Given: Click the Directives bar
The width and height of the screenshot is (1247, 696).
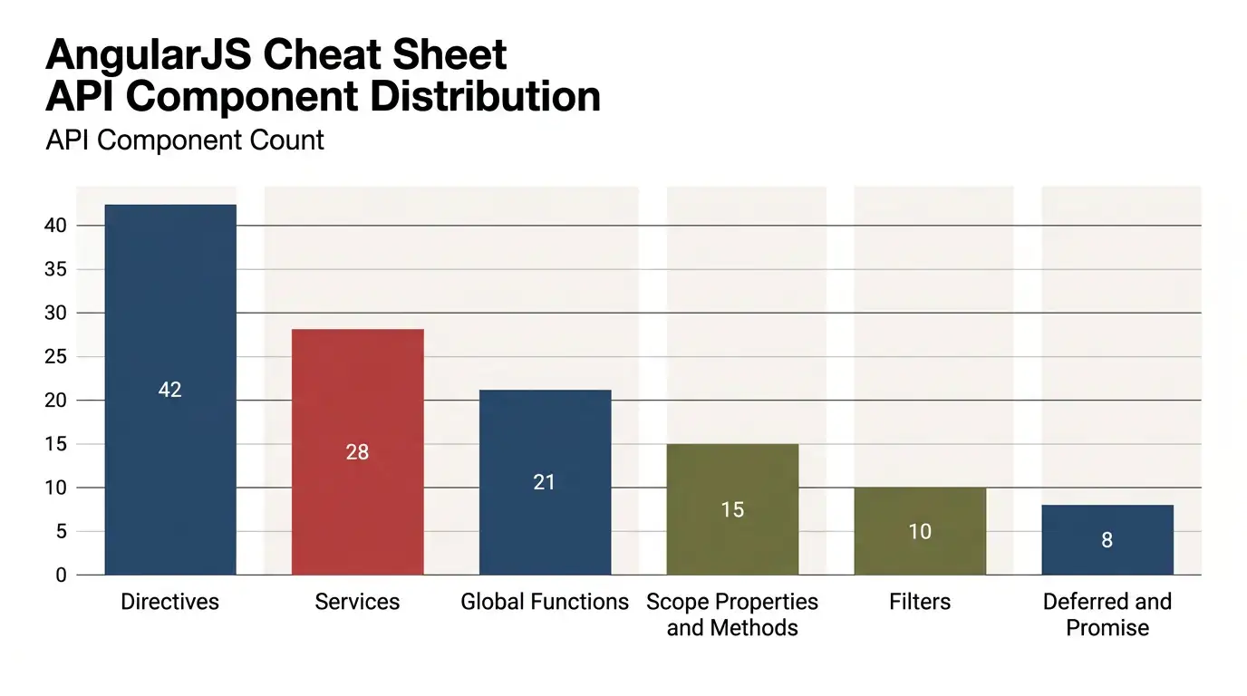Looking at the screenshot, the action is click(170, 390).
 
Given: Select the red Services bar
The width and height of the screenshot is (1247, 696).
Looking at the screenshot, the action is click(357, 451).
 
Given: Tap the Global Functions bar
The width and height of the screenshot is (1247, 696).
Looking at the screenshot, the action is click(545, 482).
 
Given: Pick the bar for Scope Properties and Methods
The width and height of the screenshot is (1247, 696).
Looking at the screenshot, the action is click(732, 509).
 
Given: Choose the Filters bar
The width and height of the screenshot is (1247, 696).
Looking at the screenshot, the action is click(920, 531).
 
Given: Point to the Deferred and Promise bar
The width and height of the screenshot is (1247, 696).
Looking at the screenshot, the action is click(1107, 540).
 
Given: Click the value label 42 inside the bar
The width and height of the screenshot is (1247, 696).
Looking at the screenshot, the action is click(169, 390).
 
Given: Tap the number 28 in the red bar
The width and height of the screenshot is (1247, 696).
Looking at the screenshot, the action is click(357, 451).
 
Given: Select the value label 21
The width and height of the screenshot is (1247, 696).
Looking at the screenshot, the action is click(544, 482).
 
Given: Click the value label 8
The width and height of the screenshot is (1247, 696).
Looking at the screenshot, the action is click(1107, 539).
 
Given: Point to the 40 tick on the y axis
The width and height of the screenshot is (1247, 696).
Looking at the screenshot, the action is click(55, 226).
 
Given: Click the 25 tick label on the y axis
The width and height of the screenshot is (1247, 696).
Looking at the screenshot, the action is click(55, 356).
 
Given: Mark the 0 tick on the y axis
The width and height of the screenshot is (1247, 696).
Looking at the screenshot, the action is click(61, 575).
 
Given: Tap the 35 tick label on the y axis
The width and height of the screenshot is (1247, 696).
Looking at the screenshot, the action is click(55, 269).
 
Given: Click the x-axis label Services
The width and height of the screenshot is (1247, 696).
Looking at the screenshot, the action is click(357, 602).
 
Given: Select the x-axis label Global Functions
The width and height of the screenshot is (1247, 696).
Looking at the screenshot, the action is click(545, 602).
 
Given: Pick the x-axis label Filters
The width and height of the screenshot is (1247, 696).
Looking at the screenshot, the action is click(920, 602).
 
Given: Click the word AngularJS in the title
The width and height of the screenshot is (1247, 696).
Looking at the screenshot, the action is click(148, 55).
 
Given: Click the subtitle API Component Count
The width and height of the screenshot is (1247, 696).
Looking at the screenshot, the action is click(185, 140).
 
